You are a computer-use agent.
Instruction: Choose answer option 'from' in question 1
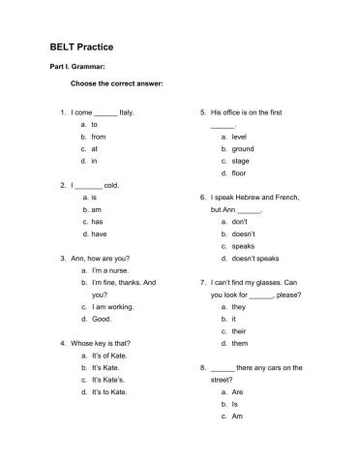coord(98,137)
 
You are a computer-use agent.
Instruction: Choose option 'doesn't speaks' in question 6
coord(255,259)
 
